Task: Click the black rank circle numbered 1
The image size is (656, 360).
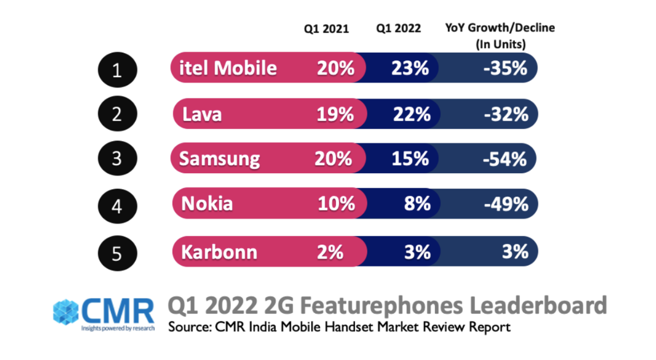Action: [x=117, y=71]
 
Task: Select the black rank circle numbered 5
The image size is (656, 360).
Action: [x=117, y=253]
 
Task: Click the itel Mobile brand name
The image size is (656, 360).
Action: [x=228, y=69]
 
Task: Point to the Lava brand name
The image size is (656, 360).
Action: [x=202, y=114]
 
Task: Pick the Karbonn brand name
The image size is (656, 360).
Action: [x=219, y=252]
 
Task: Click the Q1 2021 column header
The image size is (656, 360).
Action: [x=326, y=29]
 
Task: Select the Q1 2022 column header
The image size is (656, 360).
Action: [x=399, y=29]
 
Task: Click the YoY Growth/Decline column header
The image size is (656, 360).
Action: [x=500, y=34]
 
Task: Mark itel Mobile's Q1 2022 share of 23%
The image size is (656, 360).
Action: [x=410, y=69]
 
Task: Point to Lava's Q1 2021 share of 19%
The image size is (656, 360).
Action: [x=335, y=114]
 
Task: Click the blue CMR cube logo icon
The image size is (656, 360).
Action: [x=66, y=311]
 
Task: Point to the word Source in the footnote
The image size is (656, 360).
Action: [x=188, y=327]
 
